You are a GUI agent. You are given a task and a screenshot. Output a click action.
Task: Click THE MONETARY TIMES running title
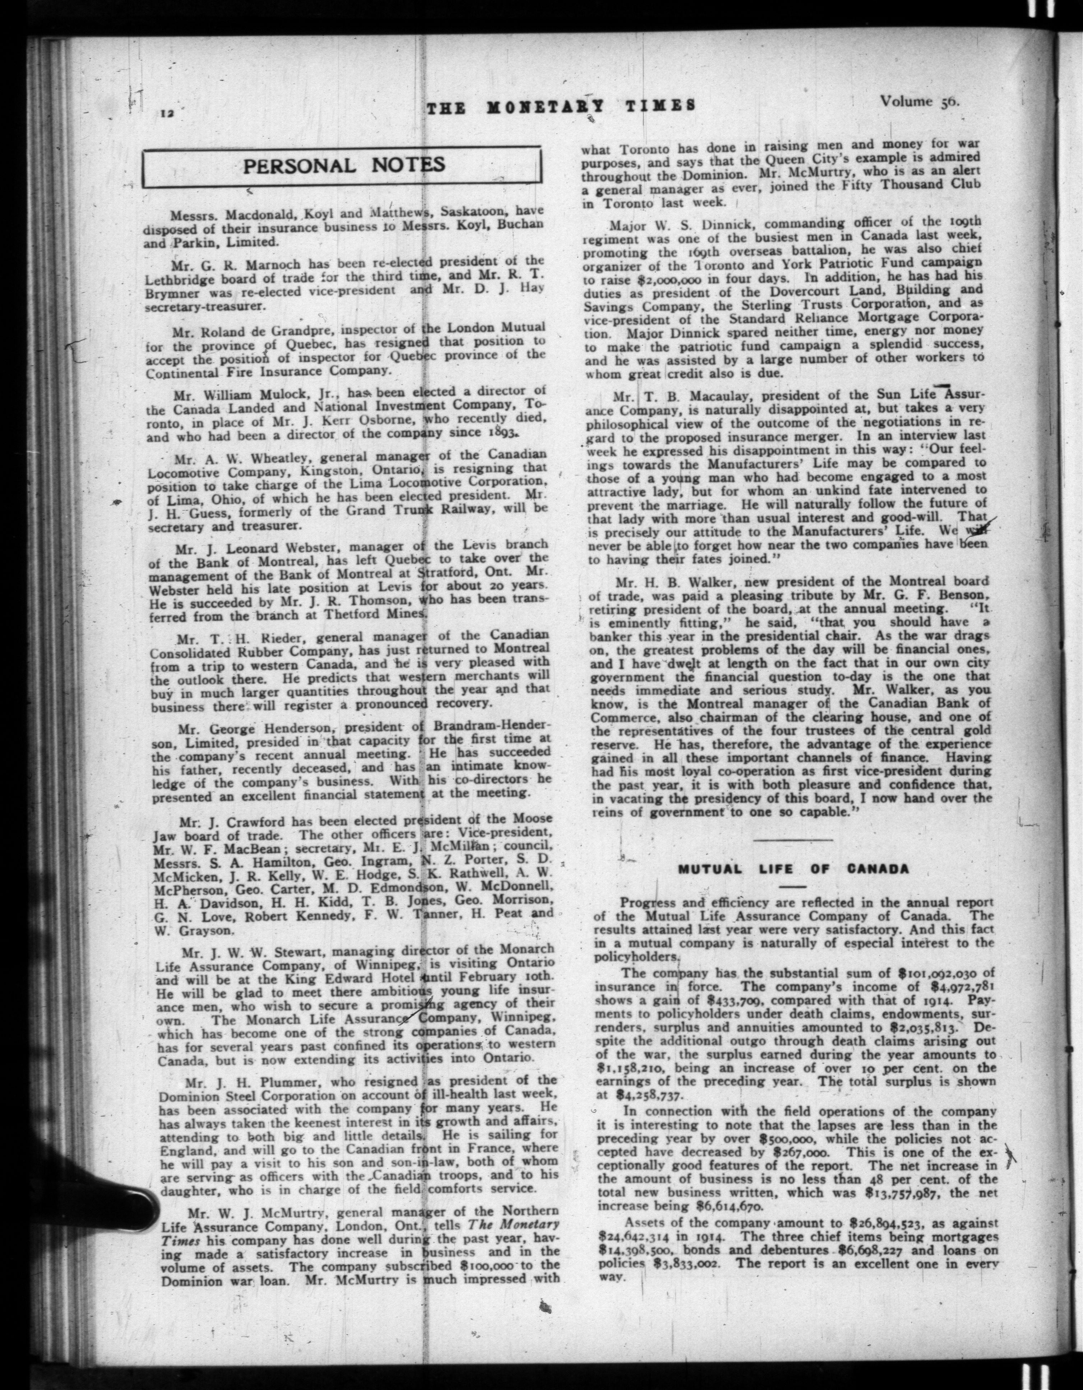click(x=560, y=108)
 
